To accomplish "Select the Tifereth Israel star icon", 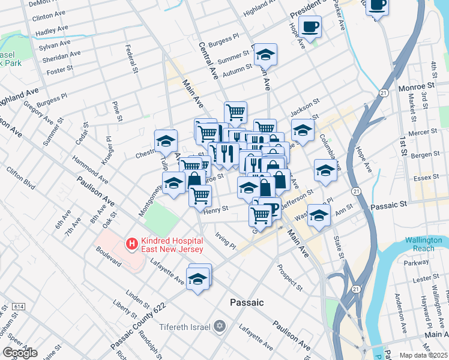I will pos(220,326).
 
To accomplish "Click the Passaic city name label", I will pos(247,302).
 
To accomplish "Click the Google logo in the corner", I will pos(20,353).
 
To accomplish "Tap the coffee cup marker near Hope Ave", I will pos(310,26).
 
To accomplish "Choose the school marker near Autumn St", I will pos(265,55).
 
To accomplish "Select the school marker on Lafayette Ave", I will pos(197,278).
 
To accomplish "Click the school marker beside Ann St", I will pos(319,214).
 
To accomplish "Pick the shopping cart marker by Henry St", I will pos(200,195).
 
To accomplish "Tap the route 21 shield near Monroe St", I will pos(383,92).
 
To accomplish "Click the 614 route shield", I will pos(17,307).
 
